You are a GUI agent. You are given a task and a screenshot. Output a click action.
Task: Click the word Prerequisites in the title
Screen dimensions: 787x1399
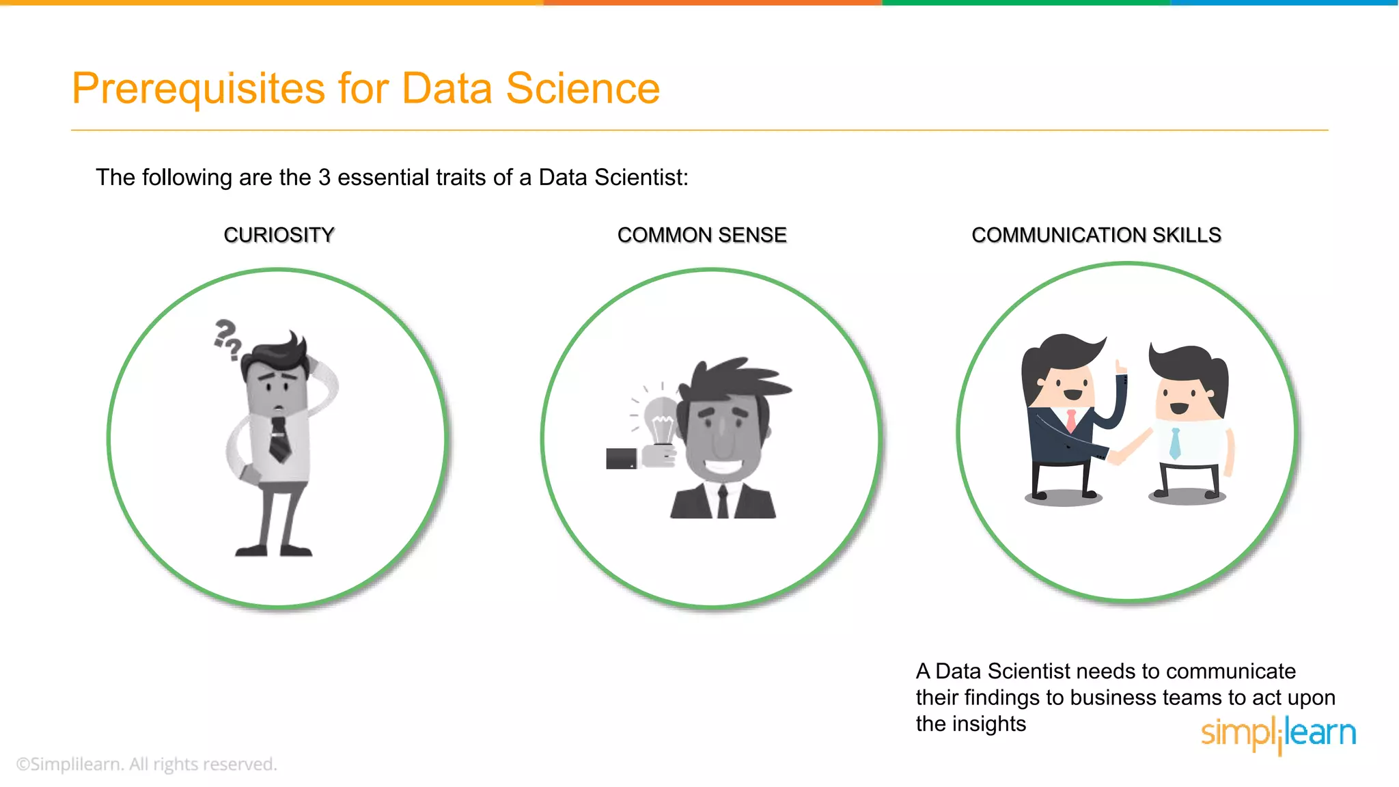point(198,89)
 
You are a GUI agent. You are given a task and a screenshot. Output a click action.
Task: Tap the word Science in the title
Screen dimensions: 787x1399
point(582,89)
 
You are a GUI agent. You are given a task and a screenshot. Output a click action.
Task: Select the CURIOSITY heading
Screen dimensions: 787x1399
point(279,235)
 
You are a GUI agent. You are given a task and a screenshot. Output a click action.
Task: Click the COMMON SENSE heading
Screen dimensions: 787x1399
point(702,235)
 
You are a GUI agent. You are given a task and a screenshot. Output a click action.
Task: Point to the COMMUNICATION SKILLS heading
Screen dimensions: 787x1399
point(1096,235)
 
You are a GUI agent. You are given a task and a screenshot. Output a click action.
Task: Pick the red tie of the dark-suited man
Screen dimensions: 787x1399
point(1071,419)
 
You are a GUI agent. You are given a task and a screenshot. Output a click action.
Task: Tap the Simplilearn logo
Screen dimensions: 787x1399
point(1278,734)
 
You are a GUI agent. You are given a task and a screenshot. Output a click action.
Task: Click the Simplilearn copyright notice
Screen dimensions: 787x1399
point(146,764)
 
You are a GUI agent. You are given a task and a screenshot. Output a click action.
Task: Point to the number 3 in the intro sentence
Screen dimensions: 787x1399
point(324,178)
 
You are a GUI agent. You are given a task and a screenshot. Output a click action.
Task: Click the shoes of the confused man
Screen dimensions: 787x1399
point(273,550)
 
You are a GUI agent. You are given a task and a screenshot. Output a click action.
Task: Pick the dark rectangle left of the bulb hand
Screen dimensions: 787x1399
point(621,458)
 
